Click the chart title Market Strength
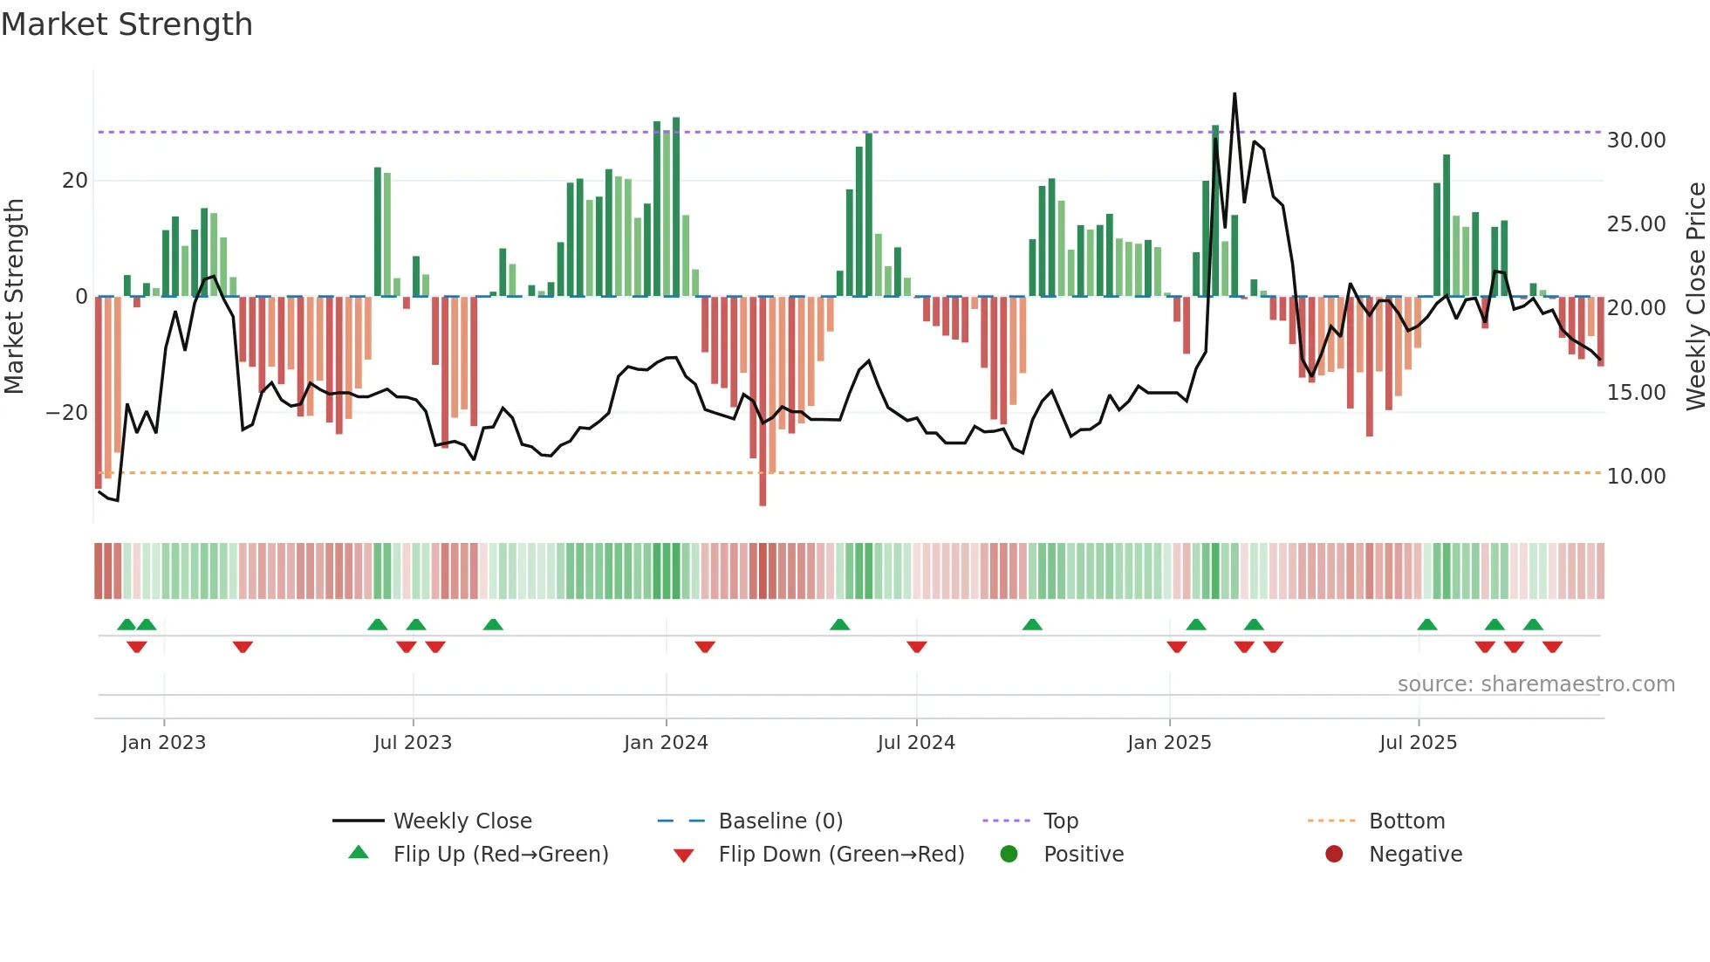click(127, 24)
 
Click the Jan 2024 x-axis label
click(666, 743)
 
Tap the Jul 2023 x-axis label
click(413, 743)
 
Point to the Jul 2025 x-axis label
click(1418, 743)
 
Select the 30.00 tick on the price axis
click(1636, 141)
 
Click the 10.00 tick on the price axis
click(1636, 477)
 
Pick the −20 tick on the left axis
click(67, 413)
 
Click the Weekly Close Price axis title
click(1695, 297)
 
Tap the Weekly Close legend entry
click(462, 821)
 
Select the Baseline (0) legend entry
click(780, 821)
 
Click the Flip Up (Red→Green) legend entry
click(500, 855)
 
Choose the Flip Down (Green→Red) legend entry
click(841, 855)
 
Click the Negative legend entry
click(1414, 855)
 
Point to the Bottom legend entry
click(1406, 821)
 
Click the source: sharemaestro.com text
click(1536, 684)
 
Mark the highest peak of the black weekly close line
click(1235, 94)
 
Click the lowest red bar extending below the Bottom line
click(763, 489)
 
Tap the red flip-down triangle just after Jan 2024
click(705, 647)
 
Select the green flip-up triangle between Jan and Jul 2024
click(839, 624)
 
